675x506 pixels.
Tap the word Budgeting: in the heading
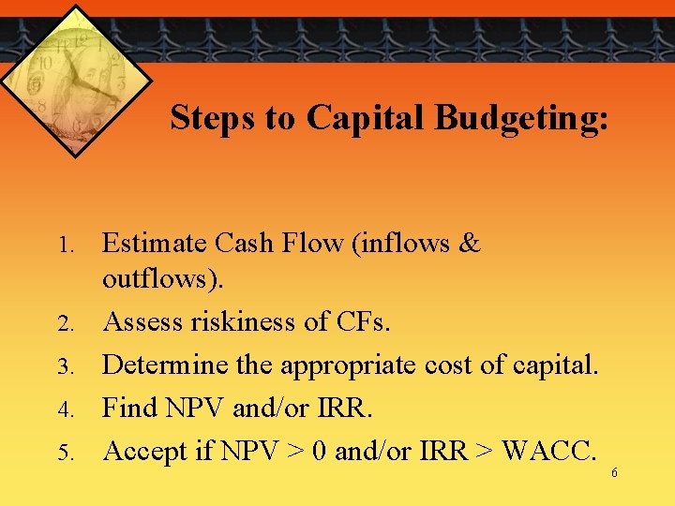point(521,118)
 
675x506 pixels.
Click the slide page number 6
point(614,473)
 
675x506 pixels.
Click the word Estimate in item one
point(155,244)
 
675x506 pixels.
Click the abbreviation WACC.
point(548,452)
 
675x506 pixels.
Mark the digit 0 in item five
point(317,452)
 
